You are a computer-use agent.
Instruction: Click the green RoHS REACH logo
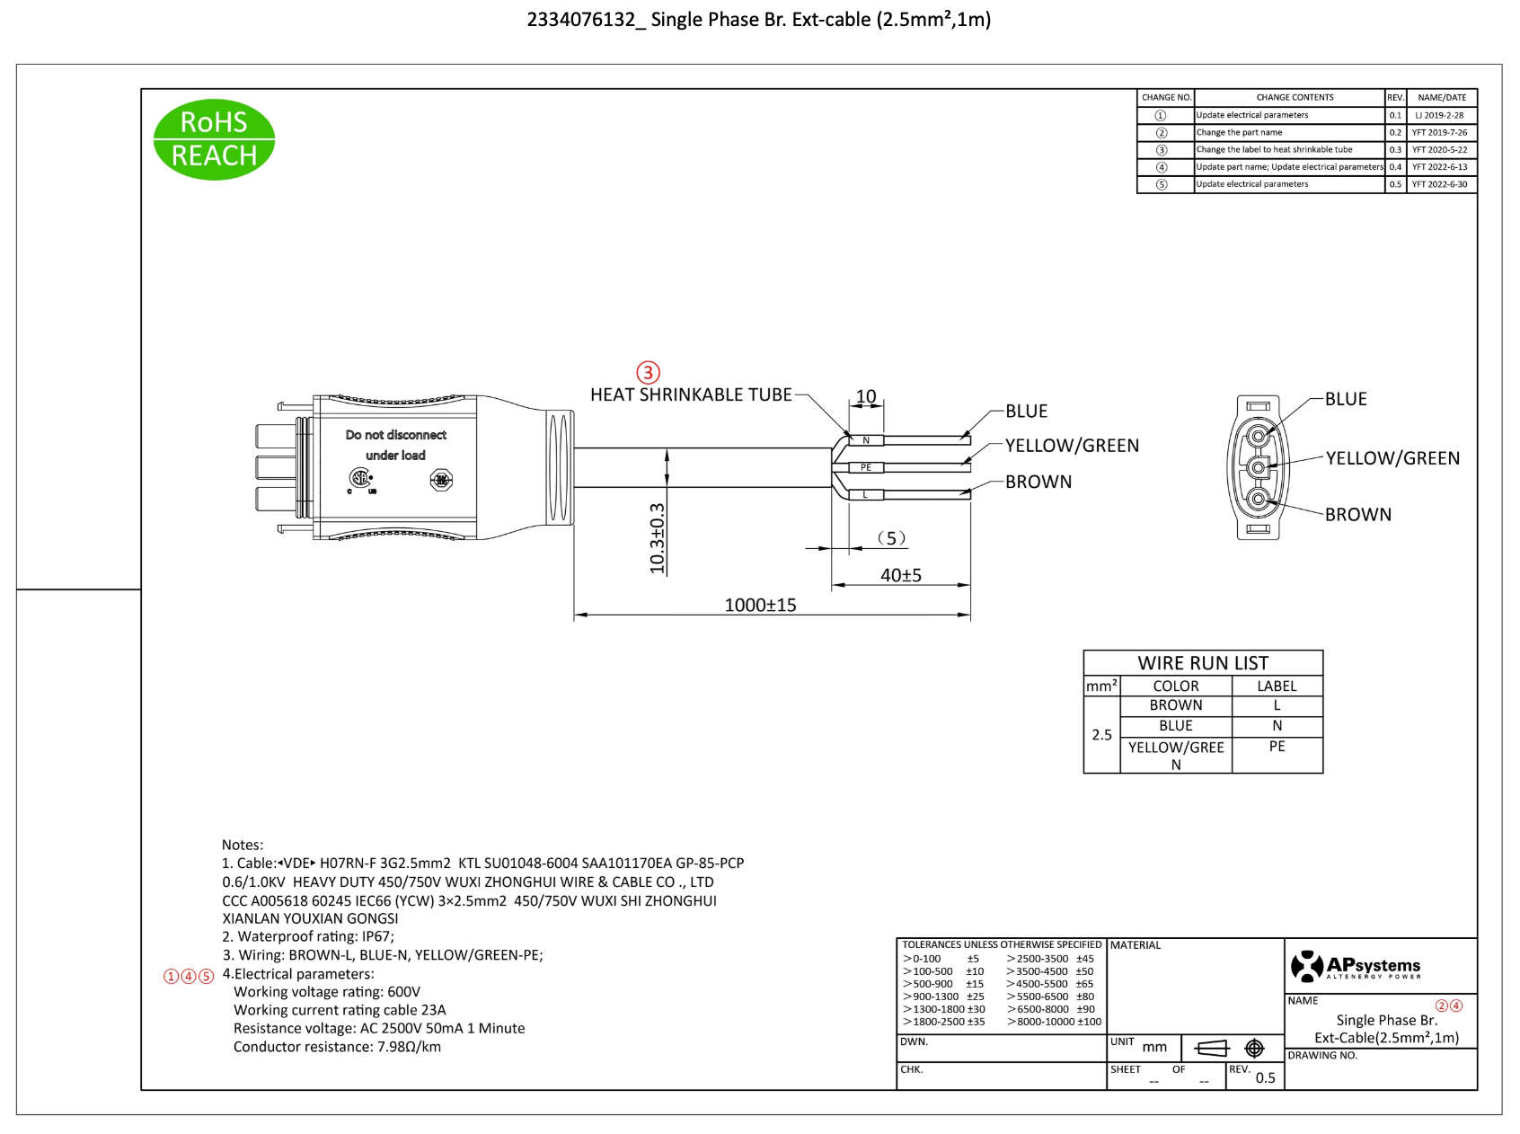point(214,139)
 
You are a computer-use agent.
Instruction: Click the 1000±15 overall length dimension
point(760,605)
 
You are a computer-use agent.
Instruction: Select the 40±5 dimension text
point(900,575)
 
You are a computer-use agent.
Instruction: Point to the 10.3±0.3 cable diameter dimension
point(658,538)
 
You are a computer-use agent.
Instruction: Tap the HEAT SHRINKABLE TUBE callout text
point(691,394)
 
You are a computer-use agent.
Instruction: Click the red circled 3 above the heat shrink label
point(648,372)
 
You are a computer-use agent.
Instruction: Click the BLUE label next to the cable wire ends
point(1026,411)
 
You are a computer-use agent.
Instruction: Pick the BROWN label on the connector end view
point(1357,515)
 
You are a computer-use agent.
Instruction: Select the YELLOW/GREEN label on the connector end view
point(1392,458)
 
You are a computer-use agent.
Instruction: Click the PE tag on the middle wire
point(866,467)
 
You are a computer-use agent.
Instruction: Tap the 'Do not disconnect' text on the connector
point(395,435)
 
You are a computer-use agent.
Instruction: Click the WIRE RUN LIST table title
point(1203,663)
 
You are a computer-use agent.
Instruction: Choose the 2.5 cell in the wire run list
point(1101,735)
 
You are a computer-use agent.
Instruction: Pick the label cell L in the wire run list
point(1277,705)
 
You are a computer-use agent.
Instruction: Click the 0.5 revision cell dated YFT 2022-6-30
point(1395,184)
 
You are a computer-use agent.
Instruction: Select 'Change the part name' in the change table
point(1239,132)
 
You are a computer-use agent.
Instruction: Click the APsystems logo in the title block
point(1356,967)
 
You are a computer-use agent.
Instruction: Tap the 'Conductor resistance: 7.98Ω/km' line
point(337,1047)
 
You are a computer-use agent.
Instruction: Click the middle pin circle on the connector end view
point(1259,467)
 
